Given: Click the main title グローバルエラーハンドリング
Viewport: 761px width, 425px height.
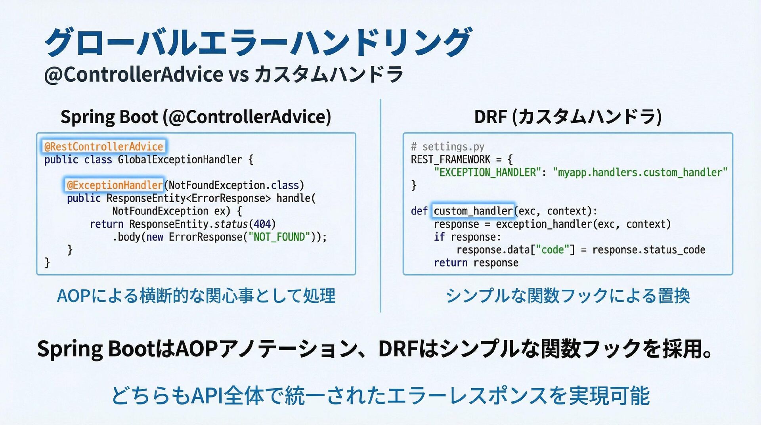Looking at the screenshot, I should pos(258,42).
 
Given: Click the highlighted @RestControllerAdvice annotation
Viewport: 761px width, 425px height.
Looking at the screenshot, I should pos(104,147).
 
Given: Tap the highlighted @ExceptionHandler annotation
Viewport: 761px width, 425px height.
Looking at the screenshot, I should pos(115,185).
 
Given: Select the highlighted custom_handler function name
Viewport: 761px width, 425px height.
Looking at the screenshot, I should pos(473,211).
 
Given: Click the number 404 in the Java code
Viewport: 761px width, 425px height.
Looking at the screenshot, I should pos(262,224).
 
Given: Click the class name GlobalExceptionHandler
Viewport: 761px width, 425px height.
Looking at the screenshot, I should pos(180,160).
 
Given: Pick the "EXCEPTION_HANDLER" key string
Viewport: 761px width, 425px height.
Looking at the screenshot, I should pos(488,172).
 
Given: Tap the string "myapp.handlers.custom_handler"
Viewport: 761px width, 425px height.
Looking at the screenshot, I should pos(640,172).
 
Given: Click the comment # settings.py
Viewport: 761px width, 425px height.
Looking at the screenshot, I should pos(447,147).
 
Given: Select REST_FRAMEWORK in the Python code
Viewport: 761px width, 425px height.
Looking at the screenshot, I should pos(451,160).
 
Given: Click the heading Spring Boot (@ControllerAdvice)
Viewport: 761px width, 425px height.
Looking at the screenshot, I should pos(196,117).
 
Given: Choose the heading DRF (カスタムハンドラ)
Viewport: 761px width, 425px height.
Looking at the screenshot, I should pos(568,117).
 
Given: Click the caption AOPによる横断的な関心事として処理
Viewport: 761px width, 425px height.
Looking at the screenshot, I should pos(196,296).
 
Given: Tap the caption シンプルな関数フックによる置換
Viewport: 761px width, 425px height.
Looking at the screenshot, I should pos(568,296).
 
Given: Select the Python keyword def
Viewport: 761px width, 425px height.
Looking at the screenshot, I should pos(419,211).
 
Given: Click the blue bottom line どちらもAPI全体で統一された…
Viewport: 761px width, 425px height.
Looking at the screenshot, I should pos(380,395).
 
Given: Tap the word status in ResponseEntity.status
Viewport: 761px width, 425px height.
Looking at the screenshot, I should pos(231,224).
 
